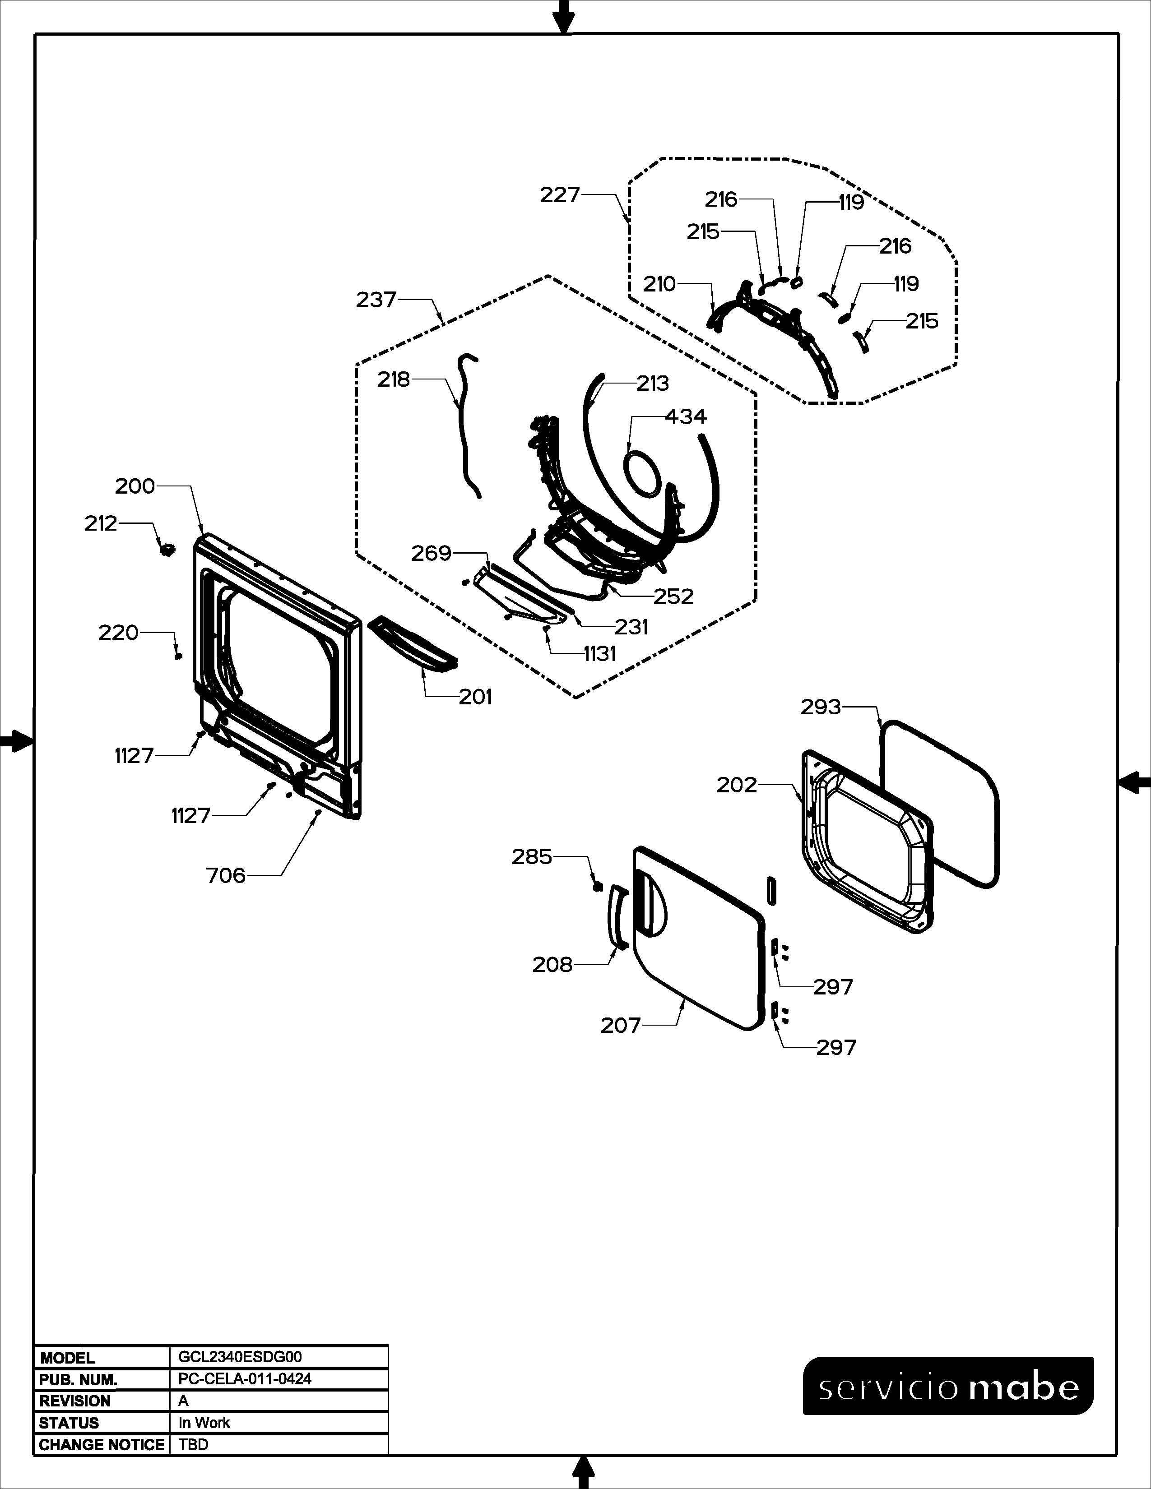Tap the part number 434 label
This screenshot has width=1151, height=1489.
pos(686,416)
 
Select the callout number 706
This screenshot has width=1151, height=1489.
pos(226,875)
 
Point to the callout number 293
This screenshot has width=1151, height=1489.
pos(821,707)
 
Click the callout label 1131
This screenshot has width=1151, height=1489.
pos(599,654)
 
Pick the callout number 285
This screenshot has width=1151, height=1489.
pos(532,857)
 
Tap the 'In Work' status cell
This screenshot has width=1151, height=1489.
pos(204,1423)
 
